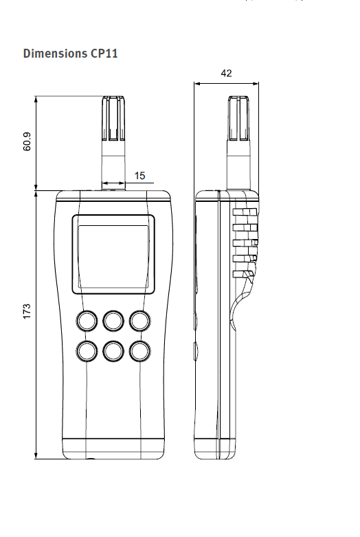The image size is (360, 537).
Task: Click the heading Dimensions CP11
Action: click(70, 54)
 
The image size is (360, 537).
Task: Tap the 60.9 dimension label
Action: click(27, 141)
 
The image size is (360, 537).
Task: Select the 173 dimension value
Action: click(27, 311)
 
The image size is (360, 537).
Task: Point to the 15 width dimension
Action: click(139, 176)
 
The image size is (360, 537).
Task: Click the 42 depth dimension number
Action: click(226, 73)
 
